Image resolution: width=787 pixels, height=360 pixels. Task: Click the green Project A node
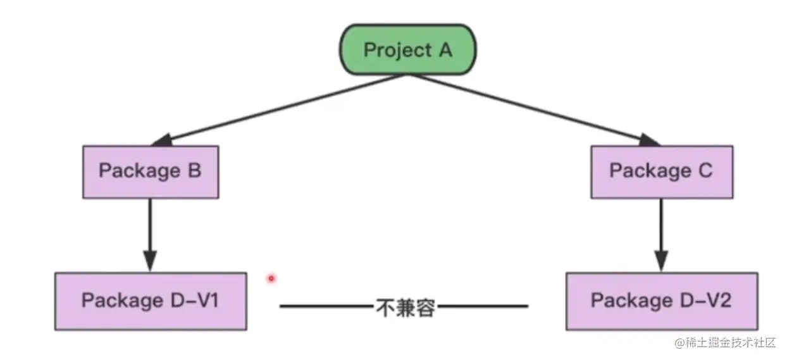(408, 51)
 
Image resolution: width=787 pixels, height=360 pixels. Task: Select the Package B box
(151, 171)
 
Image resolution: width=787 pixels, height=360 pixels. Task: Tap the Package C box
(661, 171)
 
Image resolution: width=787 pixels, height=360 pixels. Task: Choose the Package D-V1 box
(151, 301)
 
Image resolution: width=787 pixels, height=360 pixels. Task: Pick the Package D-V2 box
(661, 301)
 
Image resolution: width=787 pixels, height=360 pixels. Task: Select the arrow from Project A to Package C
(531, 109)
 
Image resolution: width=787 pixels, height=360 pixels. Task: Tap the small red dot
(271, 278)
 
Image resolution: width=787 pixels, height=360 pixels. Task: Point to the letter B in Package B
(194, 171)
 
